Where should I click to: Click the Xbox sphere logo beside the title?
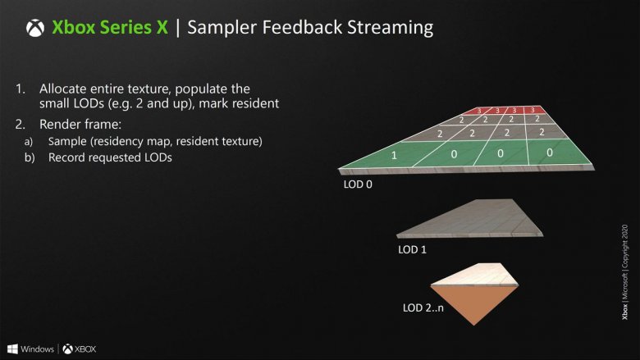pyautogui.click(x=35, y=28)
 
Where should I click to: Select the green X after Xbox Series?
pyautogui.click(x=162, y=27)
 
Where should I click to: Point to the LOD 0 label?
pyautogui.click(x=358, y=185)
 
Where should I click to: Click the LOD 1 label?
pyautogui.click(x=412, y=249)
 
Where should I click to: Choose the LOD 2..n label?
pyautogui.click(x=423, y=308)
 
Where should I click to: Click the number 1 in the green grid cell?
pyautogui.click(x=394, y=155)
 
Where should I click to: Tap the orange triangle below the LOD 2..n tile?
pyautogui.click(x=474, y=304)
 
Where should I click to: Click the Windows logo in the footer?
pyautogui.click(x=12, y=349)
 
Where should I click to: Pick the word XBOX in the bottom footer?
pyautogui.click(x=85, y=349)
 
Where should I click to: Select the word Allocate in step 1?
pyautogui.click(x=63, y=89)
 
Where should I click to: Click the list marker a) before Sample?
pyautogui.click(x=28, y=142)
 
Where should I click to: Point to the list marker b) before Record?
pyautogui.click(x=30, y=157)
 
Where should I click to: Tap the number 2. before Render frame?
pyautogui.click(x=20, y=125)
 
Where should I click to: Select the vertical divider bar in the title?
pyautogui.click(x=177, y=28)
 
